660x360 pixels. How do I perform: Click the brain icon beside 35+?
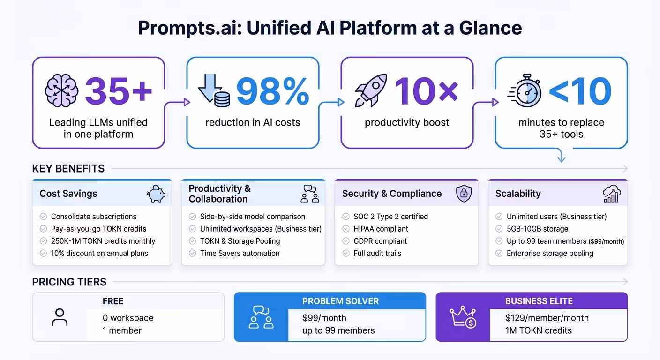pos(61,90)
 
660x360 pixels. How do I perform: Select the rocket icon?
pos(371,90)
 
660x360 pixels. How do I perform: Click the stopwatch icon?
pos(525,90)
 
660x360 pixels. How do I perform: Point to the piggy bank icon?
pos(156,194)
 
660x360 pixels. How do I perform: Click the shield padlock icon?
pos(464,194)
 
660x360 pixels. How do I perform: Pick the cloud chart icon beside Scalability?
pos(612,194)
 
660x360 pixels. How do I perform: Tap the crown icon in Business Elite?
pos(462,317)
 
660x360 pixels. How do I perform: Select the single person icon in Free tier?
pos(60,317)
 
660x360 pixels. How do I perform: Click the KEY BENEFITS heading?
pos(68,169)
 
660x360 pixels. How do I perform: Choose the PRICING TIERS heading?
pos(69,282)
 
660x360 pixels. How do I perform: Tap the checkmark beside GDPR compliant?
pos(346,241)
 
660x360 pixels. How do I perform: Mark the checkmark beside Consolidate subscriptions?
pos(43,217)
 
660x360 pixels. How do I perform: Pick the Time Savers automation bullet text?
pos(240,253)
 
